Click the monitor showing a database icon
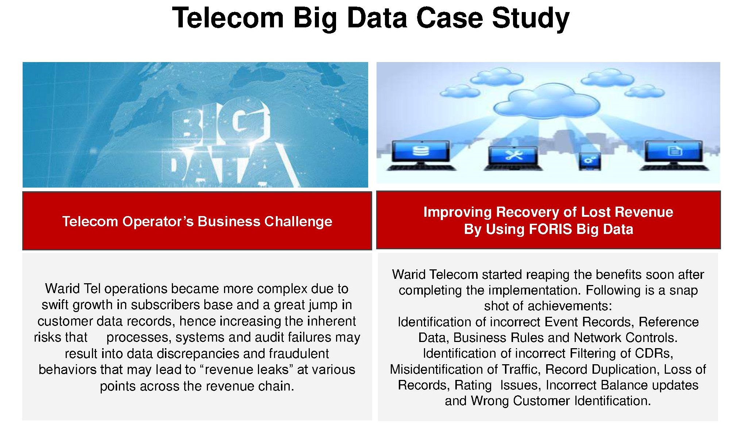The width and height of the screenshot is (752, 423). [x=420, y=155]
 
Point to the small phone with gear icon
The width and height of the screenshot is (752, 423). [x=589, y=161]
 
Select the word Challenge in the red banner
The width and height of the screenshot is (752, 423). [x=298, y=222]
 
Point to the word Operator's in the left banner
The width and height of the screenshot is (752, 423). [x=158, y=222]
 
